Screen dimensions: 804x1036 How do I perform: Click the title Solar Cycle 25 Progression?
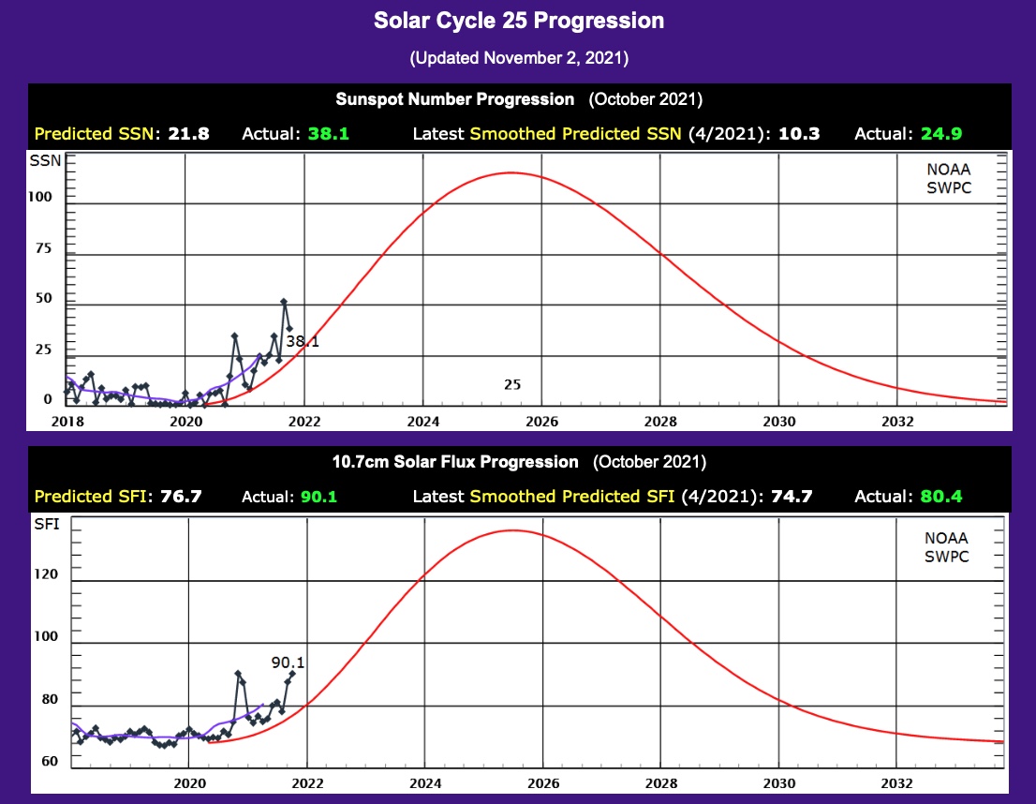pyautogui.click(x=518, y=21)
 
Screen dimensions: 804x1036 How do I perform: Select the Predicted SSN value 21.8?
pyautogui.click(x=188, y=134)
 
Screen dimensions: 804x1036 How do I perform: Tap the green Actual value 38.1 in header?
pyautogui.click(x=328, y=134)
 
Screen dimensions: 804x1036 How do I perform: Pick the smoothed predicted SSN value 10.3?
pyautogui.click(x=799, y=134)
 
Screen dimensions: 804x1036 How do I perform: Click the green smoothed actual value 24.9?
pyautogui.click(x=941, y=134)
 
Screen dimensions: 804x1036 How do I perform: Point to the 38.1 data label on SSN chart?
pyautogui.click(x=303, y=343)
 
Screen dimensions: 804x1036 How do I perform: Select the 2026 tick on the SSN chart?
pyautogui.click(x=542, y=422)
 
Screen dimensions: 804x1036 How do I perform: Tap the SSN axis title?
pyautogui.click(x=46, y=161)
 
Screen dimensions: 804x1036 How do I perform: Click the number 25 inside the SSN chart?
pyautogui.click(x=512, y=384)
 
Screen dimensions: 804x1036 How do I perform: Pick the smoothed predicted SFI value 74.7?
pyautogui.click(x=792, y=496)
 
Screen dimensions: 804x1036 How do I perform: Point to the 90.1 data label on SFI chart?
pyautogui.click(x=289, y=663)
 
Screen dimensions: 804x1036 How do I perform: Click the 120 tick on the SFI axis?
pyautogui.click(x=46, y=573)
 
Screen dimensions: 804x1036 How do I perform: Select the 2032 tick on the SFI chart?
pyautogui.click(x=897, y=782)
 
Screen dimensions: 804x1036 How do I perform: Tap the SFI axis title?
pyautogui.click(x=46, y=525)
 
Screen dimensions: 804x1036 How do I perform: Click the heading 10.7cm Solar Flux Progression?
pyautogui.click(x=455, y=461)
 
